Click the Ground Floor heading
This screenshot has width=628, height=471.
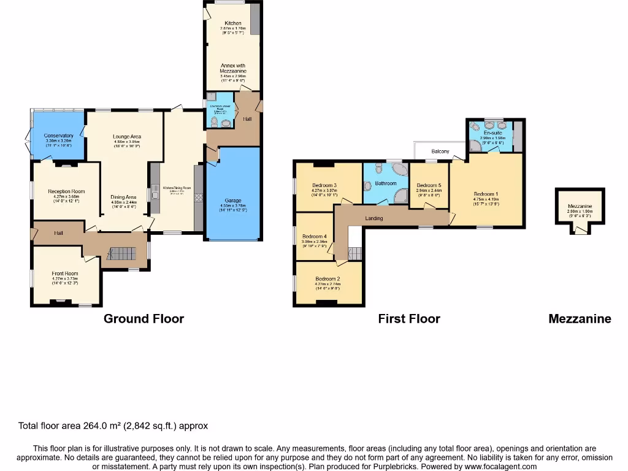tap(144, 318)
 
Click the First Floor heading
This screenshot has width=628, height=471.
tap(409, 318)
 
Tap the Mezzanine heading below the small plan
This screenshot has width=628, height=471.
tap(580, 318)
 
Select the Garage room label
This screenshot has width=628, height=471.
tap(233, 201)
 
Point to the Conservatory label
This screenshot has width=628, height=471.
tap(59, 136)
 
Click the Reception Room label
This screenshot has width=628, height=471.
tap(66, 191)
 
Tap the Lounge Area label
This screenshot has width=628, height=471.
tap(127, 136)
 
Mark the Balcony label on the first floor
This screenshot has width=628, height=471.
tap(440, 151)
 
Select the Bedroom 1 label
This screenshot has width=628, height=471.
tap(486, 193)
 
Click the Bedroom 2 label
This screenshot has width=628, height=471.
tap(327, 278)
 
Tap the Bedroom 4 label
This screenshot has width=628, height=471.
tap(315, 236)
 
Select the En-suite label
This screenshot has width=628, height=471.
tap(492, 133)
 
